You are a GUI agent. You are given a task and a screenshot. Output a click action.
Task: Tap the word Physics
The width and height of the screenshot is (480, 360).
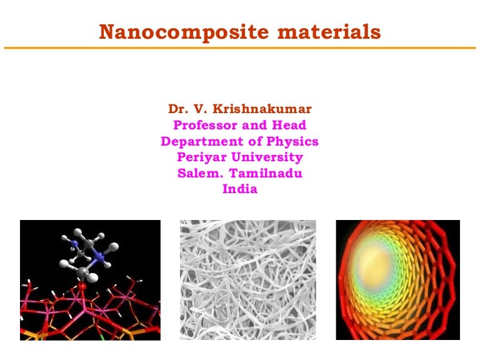292,141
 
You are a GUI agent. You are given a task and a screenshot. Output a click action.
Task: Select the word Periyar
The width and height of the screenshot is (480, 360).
202,157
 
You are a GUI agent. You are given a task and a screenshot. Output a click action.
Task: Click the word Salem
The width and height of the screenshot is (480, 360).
197,173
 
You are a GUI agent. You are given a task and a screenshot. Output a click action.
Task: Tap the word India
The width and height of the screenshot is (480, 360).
240,189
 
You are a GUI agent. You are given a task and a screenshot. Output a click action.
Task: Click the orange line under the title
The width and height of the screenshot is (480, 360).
240,47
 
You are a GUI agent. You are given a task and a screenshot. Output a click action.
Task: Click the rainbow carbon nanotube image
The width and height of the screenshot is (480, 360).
398,279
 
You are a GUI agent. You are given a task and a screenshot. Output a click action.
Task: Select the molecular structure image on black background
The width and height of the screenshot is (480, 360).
90,279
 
